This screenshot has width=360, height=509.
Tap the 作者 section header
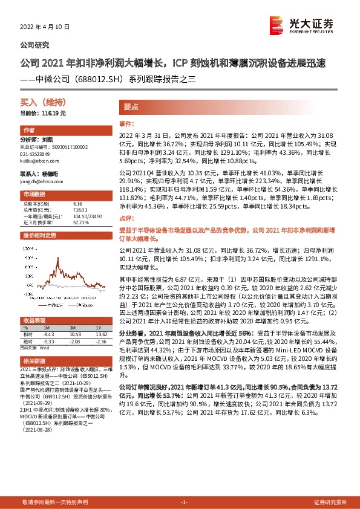click(29, 131)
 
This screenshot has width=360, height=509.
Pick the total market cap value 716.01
click(79, 210)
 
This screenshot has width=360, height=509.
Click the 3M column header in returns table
click(74, 327)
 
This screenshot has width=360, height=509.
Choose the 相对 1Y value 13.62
click(100, 334)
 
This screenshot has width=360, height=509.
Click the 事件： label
click(126, 122)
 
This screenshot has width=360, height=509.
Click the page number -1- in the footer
click(185, 502)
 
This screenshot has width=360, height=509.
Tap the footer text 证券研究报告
click(330, 502)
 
